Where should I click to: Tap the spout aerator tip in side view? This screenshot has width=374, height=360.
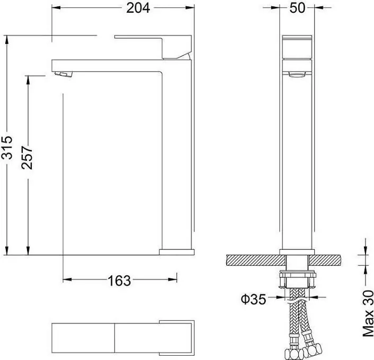pyautogui.click(x=63, y=74)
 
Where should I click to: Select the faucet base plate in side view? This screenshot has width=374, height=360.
pyautogui.click(x=175, y=251)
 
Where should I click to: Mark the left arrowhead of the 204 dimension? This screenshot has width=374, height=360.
pyautogui.click(x=54, y=8)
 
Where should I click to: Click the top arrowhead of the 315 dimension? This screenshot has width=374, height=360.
pyautogui.click(x=6, y=38)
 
